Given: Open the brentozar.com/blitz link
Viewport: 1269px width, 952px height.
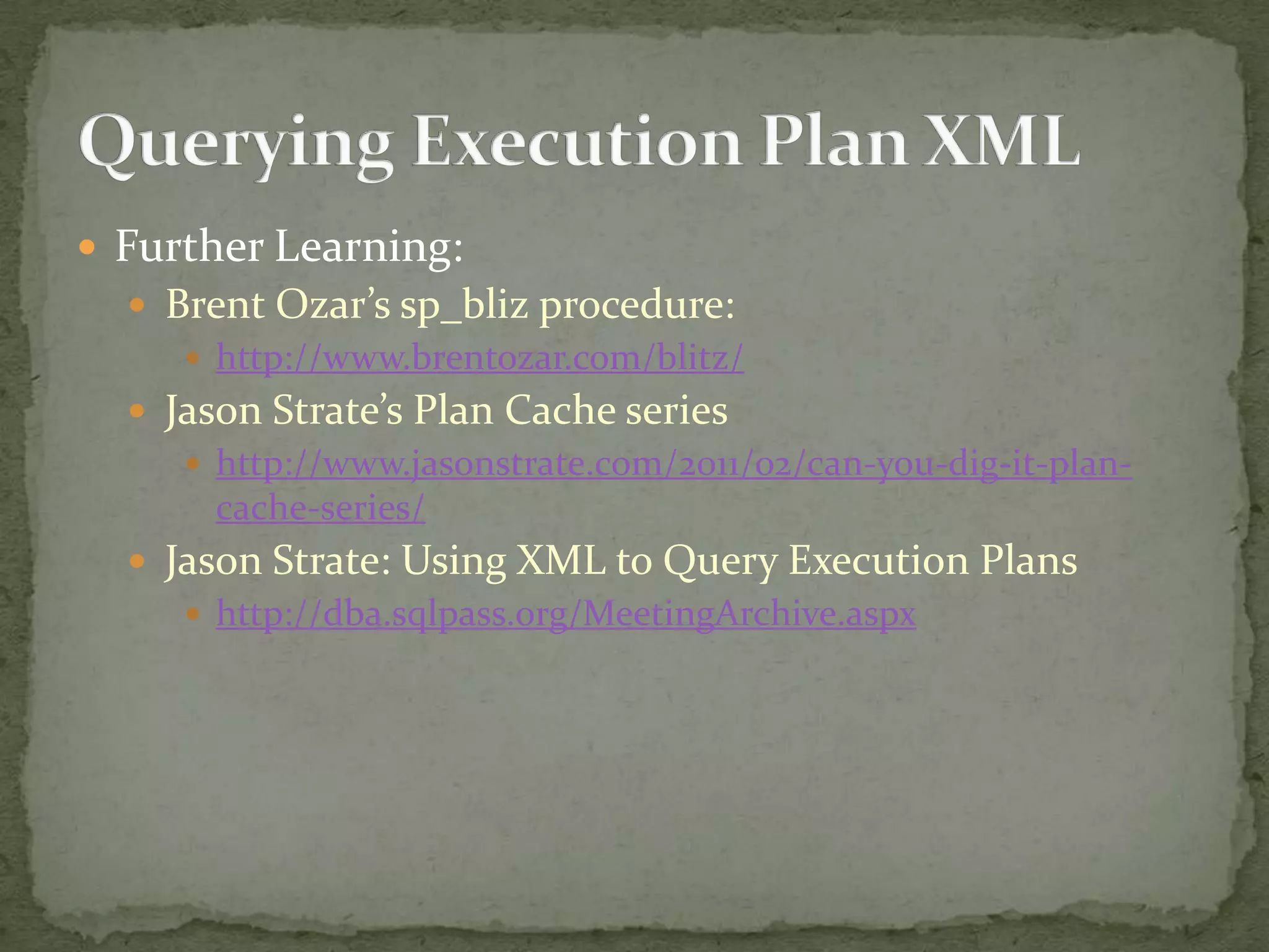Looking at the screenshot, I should pos(480,358).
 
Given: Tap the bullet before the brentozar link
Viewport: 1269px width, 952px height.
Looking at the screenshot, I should pos(193,358).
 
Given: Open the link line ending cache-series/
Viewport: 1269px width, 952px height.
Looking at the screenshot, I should pos(320,508).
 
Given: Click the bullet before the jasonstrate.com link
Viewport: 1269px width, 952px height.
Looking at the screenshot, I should pos(193,464).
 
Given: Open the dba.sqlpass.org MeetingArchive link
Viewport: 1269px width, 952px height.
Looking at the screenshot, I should pos(566,614).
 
